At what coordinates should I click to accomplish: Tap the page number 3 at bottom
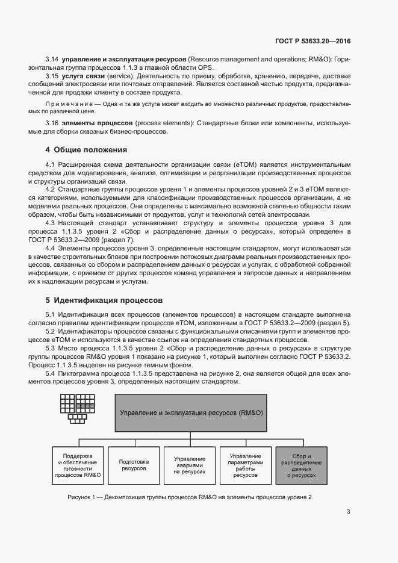point(349,512)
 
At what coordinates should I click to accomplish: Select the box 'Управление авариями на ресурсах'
point(189,465)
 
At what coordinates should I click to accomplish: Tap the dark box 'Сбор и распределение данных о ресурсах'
point(302,465)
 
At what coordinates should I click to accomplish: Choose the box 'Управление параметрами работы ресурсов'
point(245,465)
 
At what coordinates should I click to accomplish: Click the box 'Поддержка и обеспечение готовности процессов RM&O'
point(78,465)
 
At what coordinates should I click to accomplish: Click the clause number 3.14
point(52,60)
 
